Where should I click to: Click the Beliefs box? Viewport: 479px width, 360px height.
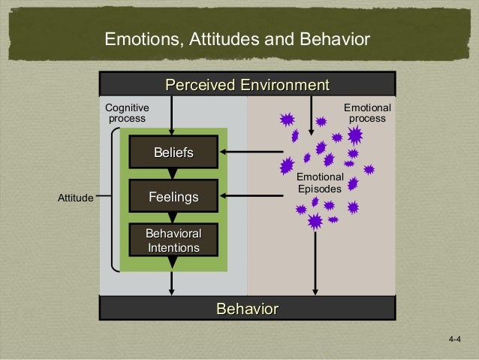point(173,153)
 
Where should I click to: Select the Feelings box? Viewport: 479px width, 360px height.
point(173,197)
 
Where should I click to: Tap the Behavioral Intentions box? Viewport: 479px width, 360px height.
point(173,241)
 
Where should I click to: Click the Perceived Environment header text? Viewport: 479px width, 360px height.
point(247,84)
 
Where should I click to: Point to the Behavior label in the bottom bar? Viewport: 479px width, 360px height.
point(247,309)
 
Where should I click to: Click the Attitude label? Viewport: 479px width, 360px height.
point(75,198)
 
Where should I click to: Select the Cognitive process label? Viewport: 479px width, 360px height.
point(127,113)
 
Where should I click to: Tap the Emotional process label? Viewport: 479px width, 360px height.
point(367,113)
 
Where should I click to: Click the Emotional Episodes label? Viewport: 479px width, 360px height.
point(320,183)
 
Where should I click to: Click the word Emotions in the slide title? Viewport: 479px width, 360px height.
point(137,38)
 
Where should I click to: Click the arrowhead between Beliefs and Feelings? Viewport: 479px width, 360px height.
point(173,174)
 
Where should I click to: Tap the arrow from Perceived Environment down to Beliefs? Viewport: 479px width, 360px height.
point(173,116)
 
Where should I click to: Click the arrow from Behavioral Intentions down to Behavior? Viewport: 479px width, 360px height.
point(173,282)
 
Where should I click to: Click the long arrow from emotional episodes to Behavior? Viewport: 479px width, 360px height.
point(315,259)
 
